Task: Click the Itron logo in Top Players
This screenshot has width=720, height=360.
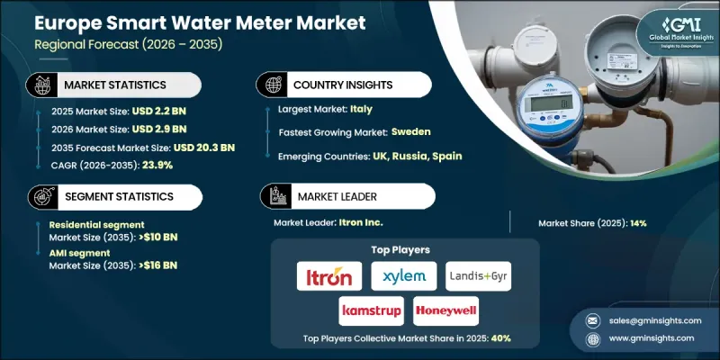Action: click(x=329, y=276)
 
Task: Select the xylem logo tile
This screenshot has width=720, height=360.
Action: click(x=404, y=276)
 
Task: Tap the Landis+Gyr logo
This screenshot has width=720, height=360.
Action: click(x=478, y=276)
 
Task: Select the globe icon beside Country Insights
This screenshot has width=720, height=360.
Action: click(x=270, y=84)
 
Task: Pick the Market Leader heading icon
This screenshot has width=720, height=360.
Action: click(x=270, y=194)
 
